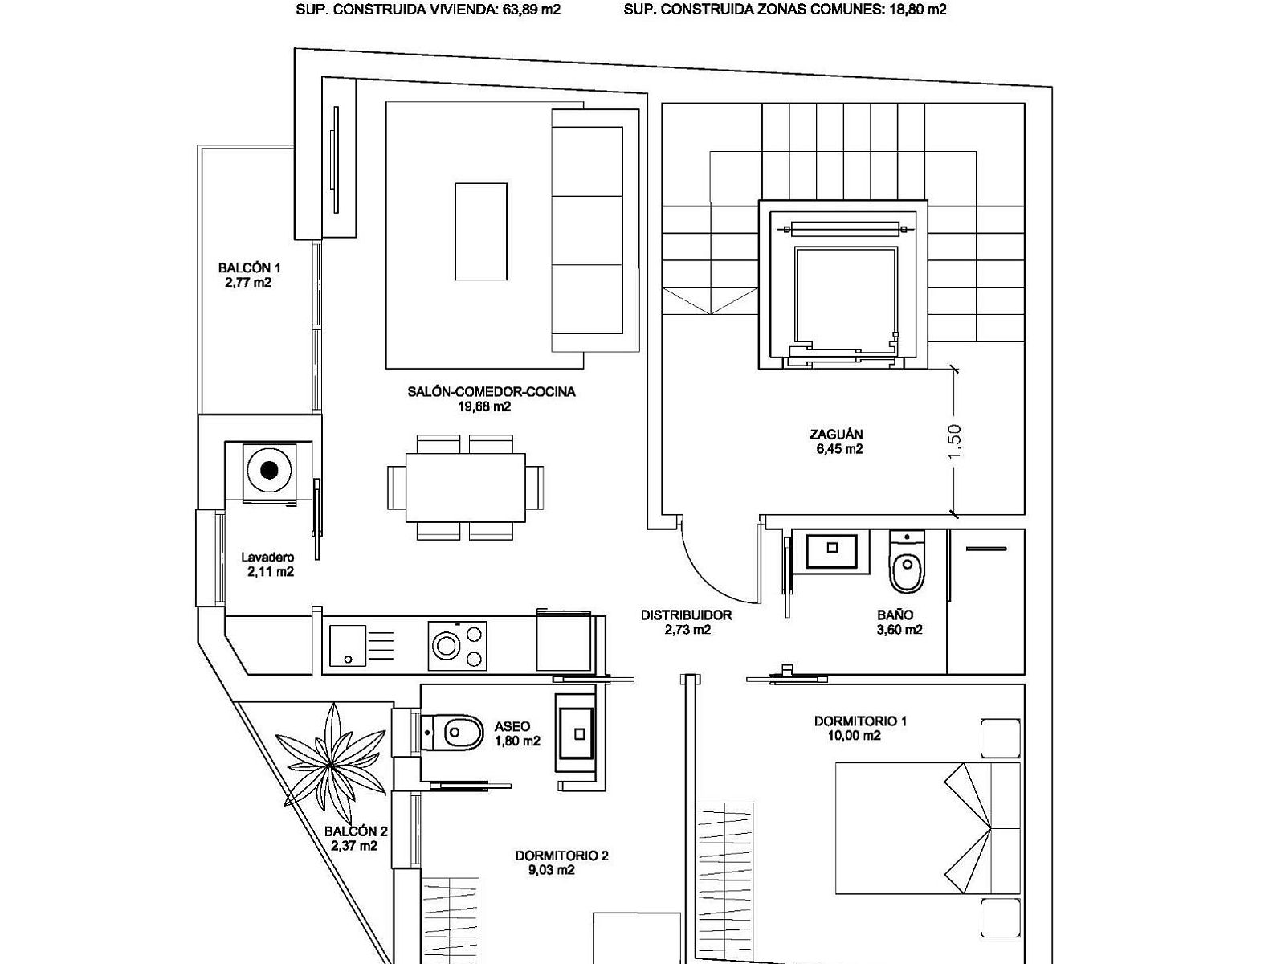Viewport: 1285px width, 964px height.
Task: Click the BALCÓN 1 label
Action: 250,268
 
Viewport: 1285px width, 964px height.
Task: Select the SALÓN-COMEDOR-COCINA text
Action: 492,391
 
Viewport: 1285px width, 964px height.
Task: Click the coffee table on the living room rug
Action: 481,231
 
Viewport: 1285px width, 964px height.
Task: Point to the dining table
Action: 466,488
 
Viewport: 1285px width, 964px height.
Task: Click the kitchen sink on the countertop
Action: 348,645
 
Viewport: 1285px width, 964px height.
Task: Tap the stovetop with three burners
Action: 457,646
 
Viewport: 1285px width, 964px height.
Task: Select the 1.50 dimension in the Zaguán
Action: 953,442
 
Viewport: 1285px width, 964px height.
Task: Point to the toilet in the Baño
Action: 907,562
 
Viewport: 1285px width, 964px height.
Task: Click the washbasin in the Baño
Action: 832,550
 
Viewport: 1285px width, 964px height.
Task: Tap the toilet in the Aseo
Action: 452,732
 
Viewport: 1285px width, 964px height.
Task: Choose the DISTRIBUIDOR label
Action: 686,615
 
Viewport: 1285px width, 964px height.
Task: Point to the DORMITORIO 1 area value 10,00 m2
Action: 855,736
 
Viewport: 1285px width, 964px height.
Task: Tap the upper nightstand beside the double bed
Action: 1001,738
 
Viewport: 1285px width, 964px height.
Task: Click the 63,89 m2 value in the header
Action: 532,10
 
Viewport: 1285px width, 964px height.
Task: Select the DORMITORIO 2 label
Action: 561,856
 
